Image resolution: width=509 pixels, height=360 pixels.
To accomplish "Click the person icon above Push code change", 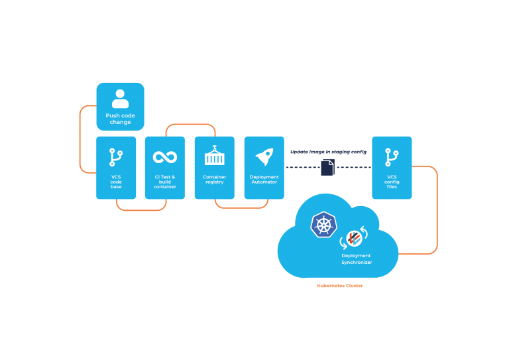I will pyautogui.click(x=120, y=98).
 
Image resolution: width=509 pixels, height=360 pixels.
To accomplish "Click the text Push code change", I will pyautogui.click(x=120, y=119).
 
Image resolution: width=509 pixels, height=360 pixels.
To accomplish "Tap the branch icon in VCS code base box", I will pyautogui.click(x=116, y=157).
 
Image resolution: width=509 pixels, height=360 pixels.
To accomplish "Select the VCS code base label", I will pyautogui.click(x=116, y=182).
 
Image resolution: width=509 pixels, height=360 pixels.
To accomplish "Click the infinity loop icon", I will pyautogui.click(x=164, y=157).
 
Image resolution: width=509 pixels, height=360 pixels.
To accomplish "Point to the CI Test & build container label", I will pyautogui.click(x=164, y=182).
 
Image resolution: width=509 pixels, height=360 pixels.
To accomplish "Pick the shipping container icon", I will pyautogui.click(x=214, y=156).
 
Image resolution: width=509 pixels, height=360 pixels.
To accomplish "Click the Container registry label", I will pyautogui.click(x=214, y=179).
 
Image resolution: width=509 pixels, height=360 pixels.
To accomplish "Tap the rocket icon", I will pyautogui.click(x=264, y=157).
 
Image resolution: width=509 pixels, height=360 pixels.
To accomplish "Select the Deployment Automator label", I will pyautogui.click(x=264, y=179).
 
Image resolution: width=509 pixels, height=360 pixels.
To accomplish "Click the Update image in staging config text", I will pyautogui.click(x=328, y=152).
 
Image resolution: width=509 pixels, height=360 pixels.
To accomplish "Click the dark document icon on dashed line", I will pyautogui.click(x=327, y=167).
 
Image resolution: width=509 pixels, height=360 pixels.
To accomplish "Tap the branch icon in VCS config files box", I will pyautogui.click(x=392, y=157).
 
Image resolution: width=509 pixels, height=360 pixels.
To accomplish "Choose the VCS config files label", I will pyautogui.click(x=392, y=182).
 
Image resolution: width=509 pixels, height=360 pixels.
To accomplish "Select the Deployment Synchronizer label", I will pyautogui.click(x=357, y=259).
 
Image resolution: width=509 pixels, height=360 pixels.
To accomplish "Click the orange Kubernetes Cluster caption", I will pyautogui.click(x=339, y=286).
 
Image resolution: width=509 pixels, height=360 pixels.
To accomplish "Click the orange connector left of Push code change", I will pyautogui.click(x=80, y=139).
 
